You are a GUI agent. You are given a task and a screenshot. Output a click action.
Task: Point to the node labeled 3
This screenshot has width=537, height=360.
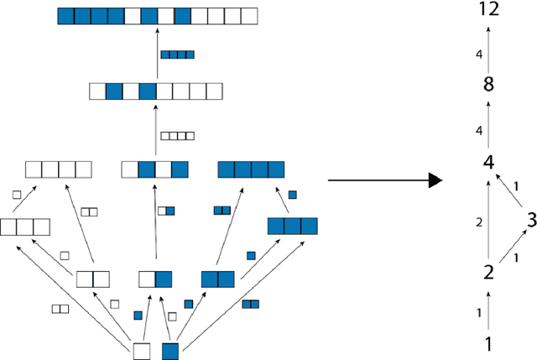530,220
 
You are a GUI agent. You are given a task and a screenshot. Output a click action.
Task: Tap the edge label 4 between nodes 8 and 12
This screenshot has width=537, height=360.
478,55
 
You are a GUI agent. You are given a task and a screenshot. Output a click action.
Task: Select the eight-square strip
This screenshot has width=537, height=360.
156,91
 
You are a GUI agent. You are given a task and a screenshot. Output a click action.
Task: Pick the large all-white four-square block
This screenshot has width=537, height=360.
58,170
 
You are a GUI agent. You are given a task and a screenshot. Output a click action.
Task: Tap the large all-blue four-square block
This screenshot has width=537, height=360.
252,170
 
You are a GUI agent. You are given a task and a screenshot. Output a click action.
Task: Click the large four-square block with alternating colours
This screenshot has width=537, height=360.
155,170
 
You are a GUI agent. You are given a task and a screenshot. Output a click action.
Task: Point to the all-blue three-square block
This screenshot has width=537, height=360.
292,226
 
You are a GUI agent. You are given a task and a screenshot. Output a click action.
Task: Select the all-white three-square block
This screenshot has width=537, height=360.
25,227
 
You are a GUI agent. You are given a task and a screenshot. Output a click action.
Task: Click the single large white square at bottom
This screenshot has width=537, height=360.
143,351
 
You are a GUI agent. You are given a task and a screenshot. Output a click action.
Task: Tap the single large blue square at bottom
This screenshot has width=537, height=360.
170,351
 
